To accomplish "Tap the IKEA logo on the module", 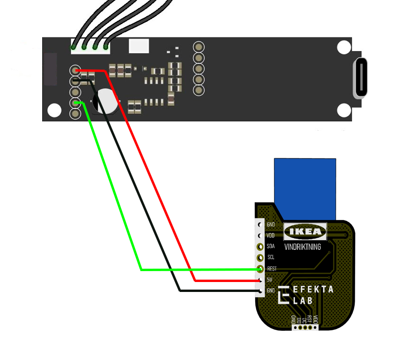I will click(x=305, y=232).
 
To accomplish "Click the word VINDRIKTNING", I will click(x=303, y=247).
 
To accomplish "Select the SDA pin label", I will click(x=271, y=246).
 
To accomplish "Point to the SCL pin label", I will click(x=271, y=257).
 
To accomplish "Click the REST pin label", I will click(x=272, y=269).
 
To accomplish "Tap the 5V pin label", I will click(x=270, y=280).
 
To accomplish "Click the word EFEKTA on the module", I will click(x=313, y=290).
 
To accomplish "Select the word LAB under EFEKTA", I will click(x=303, y=300).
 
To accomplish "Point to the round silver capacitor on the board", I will click(x=106, y=101).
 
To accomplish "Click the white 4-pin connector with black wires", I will click(x=90, y=46).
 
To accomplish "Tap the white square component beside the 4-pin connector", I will click(x=139, y=46).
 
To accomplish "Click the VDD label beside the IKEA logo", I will click(x=271, y=236).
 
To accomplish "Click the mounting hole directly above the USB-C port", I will click(x=343, y=48).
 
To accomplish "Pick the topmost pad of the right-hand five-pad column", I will click(x=199, y=46).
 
